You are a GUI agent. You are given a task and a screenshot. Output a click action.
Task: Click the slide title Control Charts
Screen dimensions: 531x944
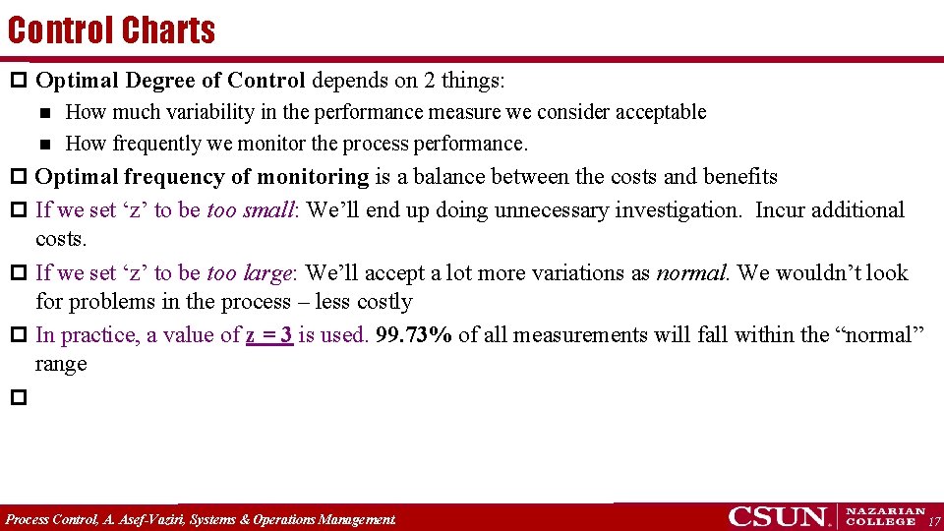[x=111, y=30]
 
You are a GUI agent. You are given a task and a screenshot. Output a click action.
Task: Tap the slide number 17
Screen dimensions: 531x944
[x=934, y=521]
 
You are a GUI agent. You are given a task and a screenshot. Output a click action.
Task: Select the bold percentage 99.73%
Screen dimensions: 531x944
[x=414, y=335]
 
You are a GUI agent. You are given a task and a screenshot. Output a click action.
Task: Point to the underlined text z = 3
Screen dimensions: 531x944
[x=269, y=335]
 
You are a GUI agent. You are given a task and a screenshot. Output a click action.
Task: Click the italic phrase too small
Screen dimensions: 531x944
[x=251, y=210]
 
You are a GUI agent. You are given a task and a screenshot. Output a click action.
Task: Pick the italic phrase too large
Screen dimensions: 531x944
[x=251, y=273]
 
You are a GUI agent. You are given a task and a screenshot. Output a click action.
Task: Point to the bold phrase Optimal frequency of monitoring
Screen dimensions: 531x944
[x=202, y=177]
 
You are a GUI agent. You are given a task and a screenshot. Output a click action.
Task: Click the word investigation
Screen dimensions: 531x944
[x=678, y=210]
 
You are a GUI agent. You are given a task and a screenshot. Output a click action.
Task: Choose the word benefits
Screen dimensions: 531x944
[x=739, y=177]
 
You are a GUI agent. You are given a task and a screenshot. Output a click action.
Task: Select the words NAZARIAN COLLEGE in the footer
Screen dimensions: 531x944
[x=886, y=516]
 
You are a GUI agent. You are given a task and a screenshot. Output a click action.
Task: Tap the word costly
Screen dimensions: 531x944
[x=379, y=302]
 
